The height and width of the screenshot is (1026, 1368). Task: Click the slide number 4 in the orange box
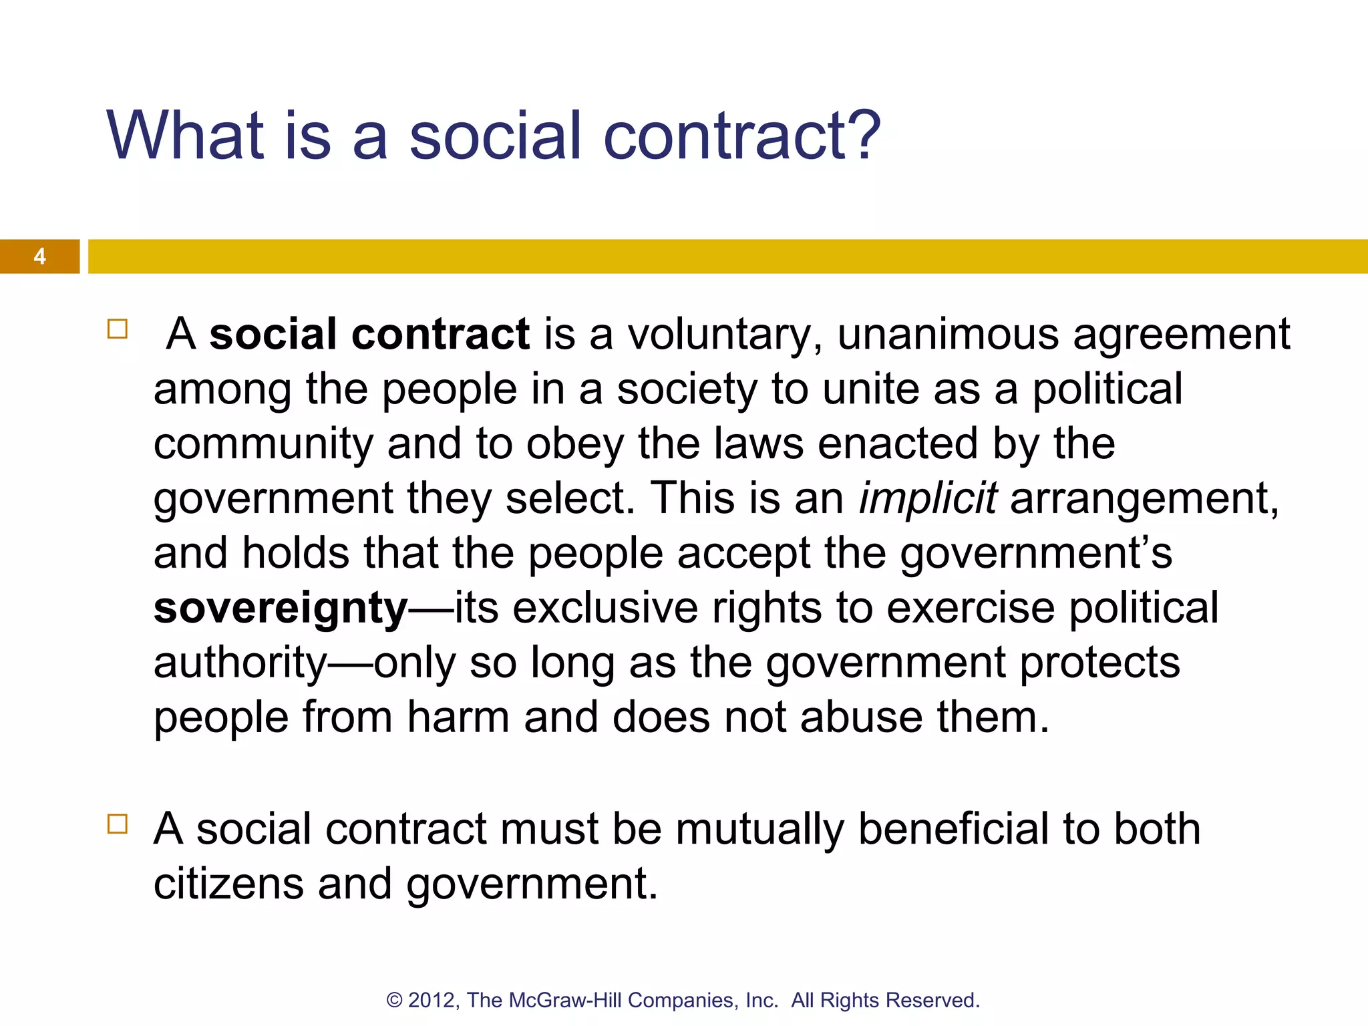coord(39,256)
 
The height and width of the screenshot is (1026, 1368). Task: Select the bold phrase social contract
coord(369,334)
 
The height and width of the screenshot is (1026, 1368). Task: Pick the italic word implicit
coord(928,498)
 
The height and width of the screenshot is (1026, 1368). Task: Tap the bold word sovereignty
coord(281,609)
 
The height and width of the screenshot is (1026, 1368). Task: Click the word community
coord(263,445)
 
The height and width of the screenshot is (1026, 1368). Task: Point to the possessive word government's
coord(1035,554)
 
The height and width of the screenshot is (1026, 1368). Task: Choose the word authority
coord(240,664)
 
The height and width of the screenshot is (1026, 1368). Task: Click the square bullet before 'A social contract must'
coord(118,824)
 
